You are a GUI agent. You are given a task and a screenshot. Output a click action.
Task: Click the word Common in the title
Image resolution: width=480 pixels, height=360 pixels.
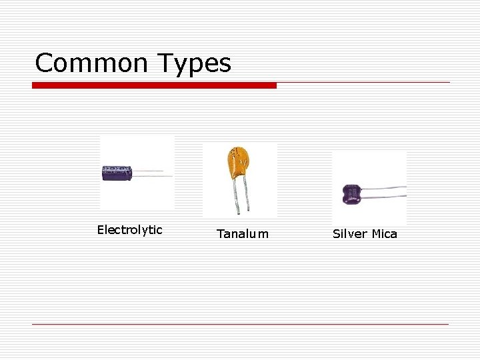91,63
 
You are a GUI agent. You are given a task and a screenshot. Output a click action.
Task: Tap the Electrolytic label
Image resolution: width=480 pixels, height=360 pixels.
129,230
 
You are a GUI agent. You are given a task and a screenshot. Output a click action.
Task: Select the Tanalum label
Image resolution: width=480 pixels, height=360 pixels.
243,234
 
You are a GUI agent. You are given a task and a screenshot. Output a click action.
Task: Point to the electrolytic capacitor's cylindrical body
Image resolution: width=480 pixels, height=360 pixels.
117,173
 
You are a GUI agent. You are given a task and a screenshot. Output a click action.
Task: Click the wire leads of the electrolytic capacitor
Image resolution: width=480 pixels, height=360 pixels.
152,173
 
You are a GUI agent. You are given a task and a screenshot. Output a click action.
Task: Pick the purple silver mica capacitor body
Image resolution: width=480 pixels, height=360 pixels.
352,194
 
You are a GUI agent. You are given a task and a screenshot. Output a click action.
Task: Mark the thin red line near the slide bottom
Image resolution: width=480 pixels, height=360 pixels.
240,324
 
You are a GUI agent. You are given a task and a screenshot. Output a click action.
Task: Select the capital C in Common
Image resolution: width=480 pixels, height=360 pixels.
44,63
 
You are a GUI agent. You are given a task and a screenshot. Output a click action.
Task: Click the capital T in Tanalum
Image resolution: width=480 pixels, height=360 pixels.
221,234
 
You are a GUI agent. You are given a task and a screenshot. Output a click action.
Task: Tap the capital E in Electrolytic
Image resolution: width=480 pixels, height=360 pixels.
101,230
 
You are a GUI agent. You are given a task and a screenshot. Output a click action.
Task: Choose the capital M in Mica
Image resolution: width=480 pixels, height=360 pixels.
376,234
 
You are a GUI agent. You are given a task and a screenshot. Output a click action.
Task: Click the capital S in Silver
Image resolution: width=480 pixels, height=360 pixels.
337,234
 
